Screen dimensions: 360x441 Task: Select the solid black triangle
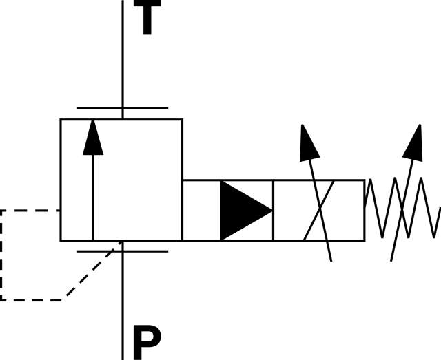pyautogui.click(x=241, y=211)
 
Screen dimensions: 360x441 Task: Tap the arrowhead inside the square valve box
pyautogui.click(x=93, y=137)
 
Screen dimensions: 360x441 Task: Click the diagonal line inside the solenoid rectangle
pyautogui.click(x=318, y=211)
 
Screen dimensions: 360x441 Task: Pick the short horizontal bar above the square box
pyautogui.click(x=122, y=108)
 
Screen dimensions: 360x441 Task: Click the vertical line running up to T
pyautogui.click(x=123, y=55)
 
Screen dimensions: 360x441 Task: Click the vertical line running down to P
pyautogui.click(x=123, y=303)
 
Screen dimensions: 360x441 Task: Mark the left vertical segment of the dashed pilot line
pyautogui.click(x=1, y=255)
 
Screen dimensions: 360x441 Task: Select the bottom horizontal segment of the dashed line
pyautogui.click(x=31, y=299)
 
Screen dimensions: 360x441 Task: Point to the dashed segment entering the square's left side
pyautogui.click(x=31, y=211)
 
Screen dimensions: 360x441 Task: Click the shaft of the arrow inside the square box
pyautogui.click(x=93, y=200)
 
